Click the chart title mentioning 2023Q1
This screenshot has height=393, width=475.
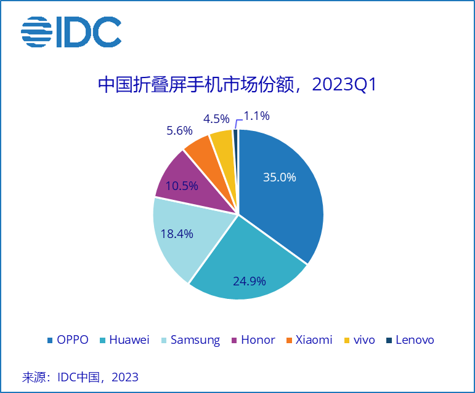[x=237, y=85]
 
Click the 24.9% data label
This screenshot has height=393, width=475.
[x=249, y=281]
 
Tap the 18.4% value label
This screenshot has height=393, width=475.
[x=177, y=234]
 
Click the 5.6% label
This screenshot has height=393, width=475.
[x=179, y=130]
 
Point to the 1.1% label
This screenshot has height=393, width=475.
[x=256, y=116]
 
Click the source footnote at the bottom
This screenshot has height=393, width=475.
[x=80, y=376]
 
